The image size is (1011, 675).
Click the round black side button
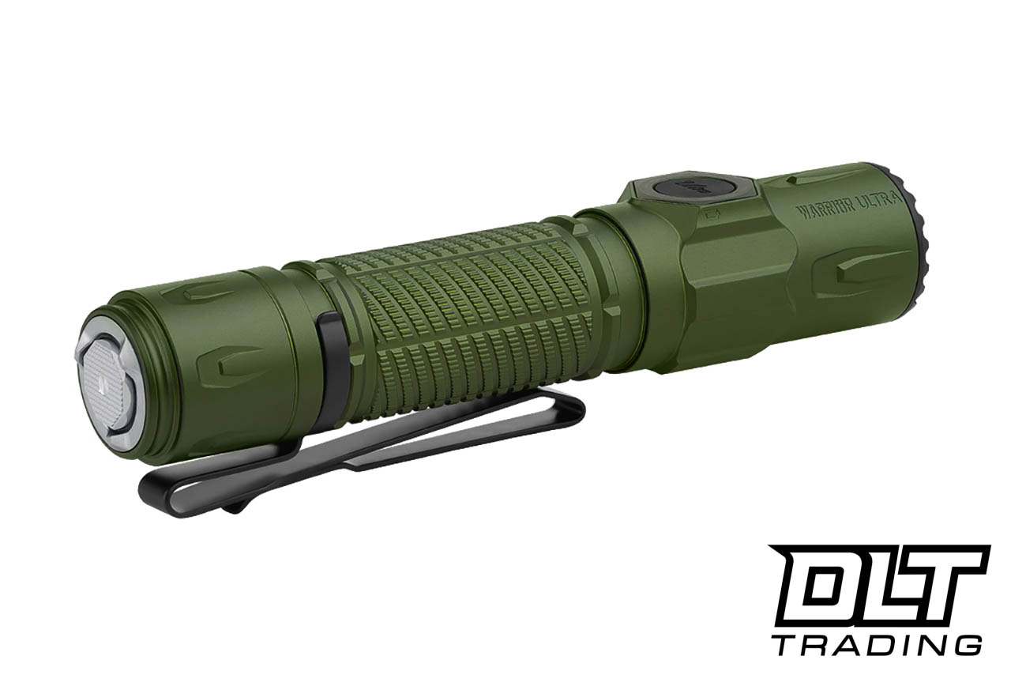[686, 189]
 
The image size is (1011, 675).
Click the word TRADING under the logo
[877, 643]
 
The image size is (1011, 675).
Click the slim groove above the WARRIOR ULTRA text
[821, 177]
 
